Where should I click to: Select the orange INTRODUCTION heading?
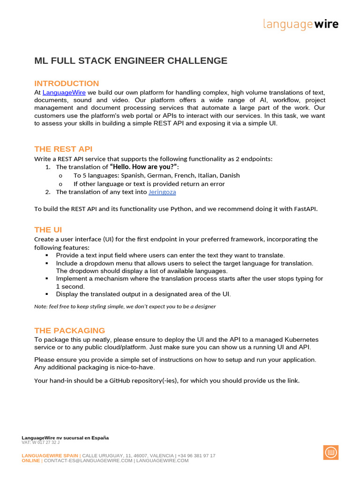67,83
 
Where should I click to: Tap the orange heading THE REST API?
63,149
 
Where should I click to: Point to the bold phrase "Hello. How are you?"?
144,167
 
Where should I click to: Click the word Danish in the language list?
229,175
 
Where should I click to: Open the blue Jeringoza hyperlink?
162,192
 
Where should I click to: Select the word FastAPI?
305,209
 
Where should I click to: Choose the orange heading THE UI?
48,230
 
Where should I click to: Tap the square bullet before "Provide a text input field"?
47,255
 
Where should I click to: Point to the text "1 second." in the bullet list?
70,286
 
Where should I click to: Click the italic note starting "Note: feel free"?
125,306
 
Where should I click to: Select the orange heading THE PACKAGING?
69,330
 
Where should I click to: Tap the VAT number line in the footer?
40,442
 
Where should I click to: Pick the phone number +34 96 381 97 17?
196,456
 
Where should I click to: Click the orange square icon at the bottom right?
330,452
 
